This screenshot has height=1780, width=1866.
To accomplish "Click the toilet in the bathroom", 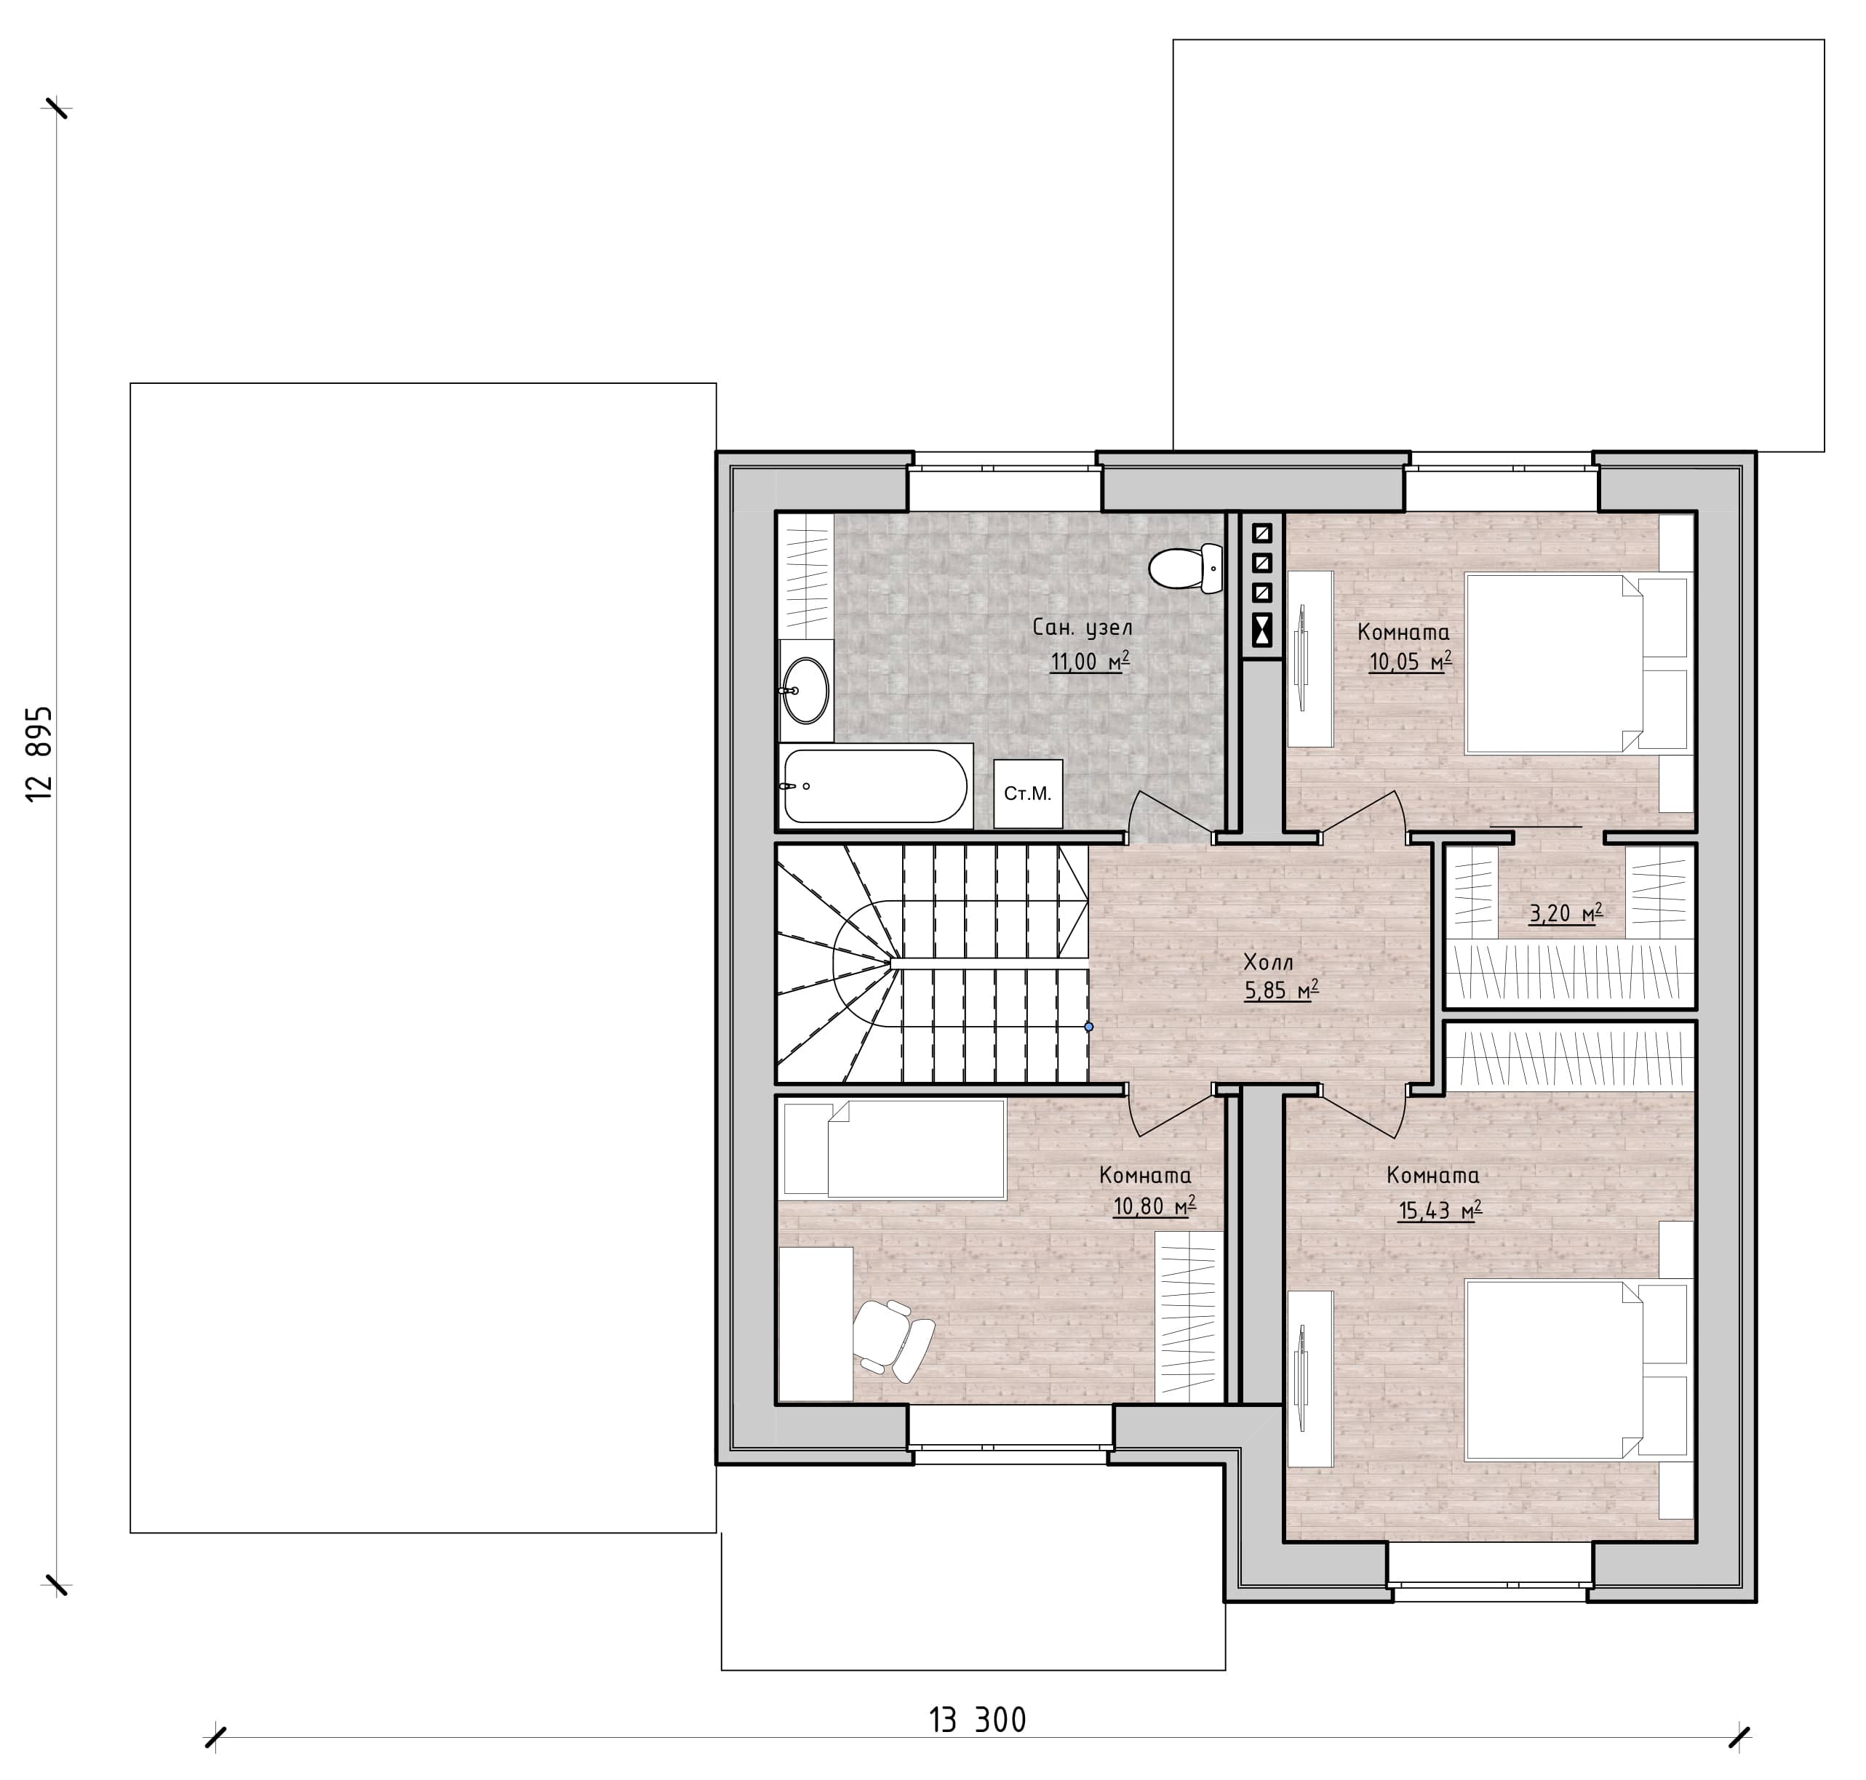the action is [x=1186, y=567].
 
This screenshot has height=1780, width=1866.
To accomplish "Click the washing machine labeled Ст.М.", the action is [x=1028, y=793].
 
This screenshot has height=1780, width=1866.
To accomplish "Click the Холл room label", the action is [x=1268, y=962].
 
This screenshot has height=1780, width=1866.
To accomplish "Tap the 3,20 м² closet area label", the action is [x=1565, y=914].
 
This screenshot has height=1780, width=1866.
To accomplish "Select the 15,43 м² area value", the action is [x=1440, y=1211].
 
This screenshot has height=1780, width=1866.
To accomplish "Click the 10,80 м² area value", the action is [x=1154, y=1206].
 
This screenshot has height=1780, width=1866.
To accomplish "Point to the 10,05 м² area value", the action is [x=1409, y=662].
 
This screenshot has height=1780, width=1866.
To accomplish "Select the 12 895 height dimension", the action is [x=39, y=753].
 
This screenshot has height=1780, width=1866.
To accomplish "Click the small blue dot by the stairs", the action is [x=1088, y=1027].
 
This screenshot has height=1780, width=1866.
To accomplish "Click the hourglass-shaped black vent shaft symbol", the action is [x=1262, y=628].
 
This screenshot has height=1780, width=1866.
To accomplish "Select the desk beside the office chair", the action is [x=816, y=1323].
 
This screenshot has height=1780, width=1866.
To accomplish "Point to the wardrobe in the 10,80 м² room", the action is [x=1188, y=1317].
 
